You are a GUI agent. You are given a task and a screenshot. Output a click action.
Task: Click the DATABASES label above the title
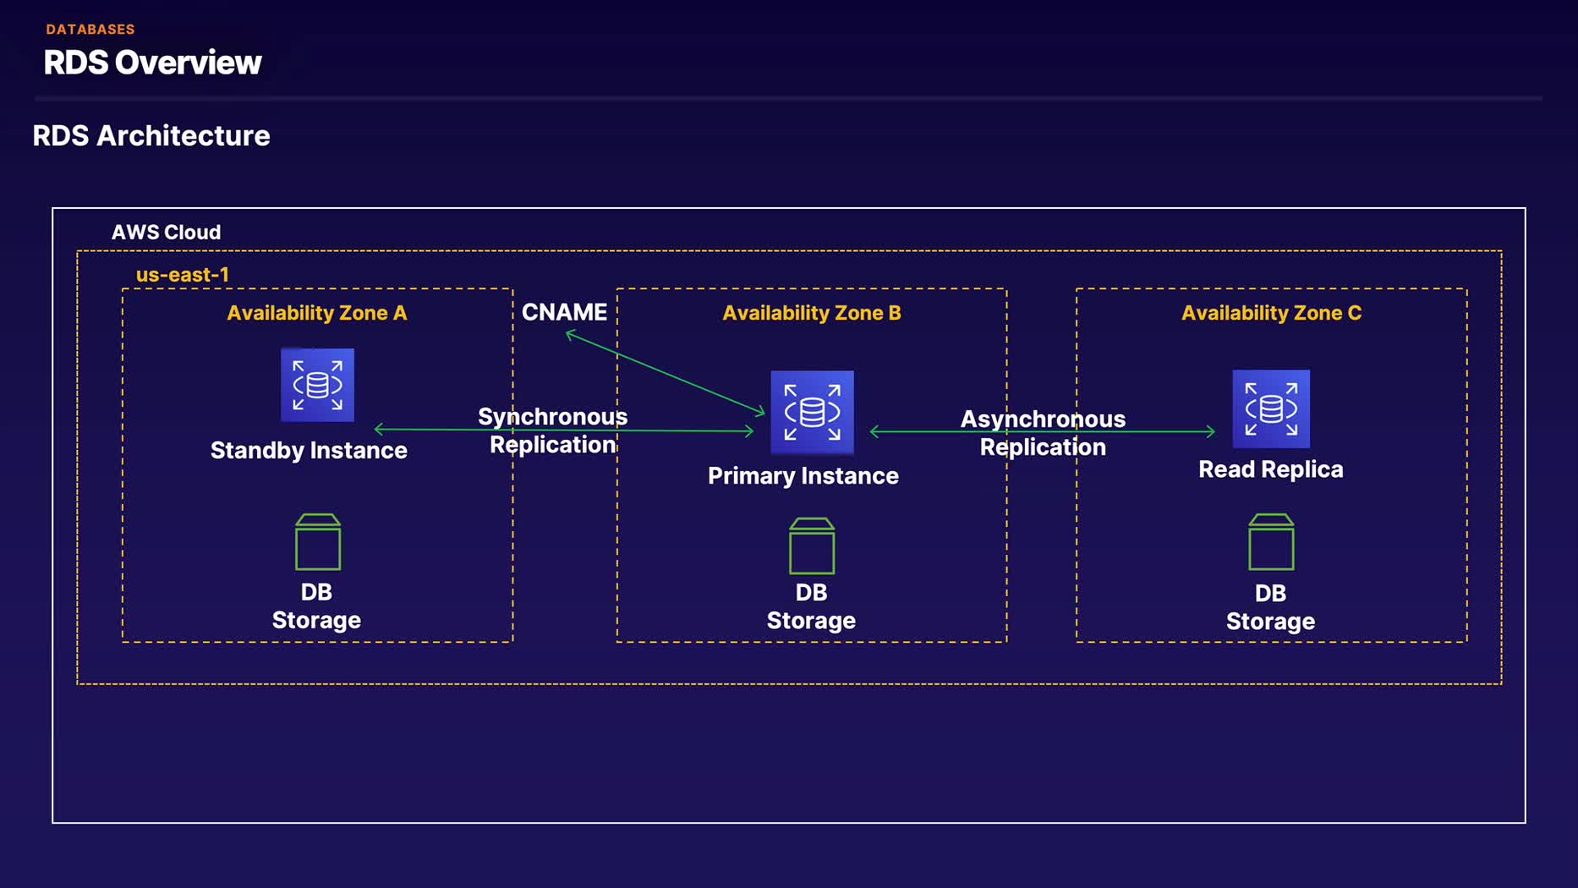90,30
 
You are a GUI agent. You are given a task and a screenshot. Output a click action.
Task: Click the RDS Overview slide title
153,63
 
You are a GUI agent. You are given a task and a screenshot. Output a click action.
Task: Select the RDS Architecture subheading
151,135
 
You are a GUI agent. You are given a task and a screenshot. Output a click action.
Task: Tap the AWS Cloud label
166,232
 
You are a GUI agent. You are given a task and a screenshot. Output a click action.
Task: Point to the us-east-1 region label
182,275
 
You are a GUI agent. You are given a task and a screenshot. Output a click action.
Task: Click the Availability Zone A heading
317,313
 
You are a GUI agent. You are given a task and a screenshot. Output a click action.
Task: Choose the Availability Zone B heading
812,313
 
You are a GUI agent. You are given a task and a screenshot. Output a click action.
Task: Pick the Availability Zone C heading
1271,313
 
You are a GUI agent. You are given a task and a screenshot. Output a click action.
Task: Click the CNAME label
564,312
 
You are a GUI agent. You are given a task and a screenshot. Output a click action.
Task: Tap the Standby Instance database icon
317,385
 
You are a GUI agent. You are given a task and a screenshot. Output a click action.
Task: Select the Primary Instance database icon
812,412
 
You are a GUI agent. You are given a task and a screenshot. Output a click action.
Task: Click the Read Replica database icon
1271,408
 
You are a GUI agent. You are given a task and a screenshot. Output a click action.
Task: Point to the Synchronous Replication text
553,430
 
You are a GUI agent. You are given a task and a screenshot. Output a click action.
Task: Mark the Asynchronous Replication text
1043,433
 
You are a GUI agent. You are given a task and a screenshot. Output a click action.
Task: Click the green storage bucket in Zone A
318,542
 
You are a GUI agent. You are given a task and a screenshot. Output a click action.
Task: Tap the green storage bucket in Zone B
812,546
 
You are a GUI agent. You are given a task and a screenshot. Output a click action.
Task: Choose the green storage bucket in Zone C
1271,542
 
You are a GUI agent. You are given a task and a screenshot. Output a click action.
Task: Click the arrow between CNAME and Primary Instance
665,373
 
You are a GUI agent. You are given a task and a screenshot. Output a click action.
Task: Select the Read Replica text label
1270,469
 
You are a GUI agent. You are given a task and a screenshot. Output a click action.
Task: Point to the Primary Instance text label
803,476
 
